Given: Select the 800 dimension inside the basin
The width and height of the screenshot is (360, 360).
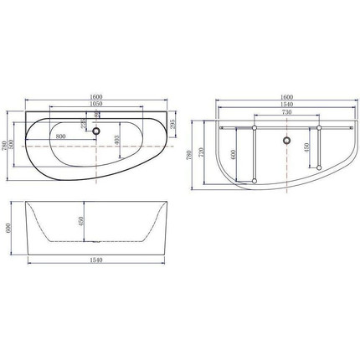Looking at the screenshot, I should (x=60, y=136).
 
